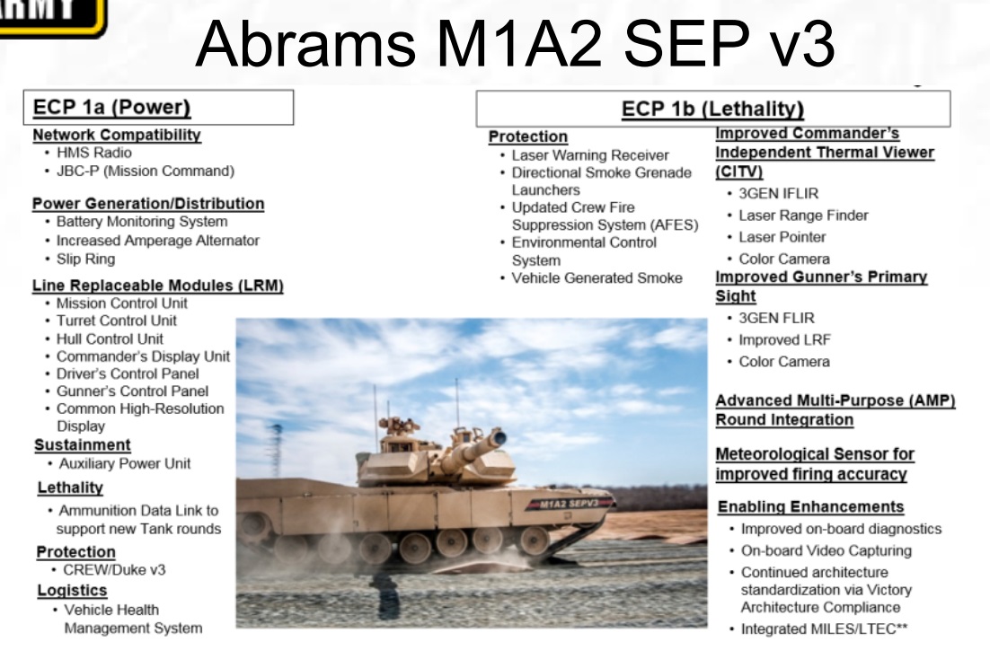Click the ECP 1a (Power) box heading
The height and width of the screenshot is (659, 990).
111,109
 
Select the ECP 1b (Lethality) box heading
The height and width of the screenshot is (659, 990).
712,110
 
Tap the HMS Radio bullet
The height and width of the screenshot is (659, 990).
93,153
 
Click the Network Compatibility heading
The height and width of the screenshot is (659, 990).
117,135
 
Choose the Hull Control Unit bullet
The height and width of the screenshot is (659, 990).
110,338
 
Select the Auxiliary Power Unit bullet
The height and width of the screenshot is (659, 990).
124,463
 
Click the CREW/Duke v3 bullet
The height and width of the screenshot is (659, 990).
114,569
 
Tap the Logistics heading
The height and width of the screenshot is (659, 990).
72,590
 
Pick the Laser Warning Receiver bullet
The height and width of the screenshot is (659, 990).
589,155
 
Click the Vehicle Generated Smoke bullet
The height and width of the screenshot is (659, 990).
597,278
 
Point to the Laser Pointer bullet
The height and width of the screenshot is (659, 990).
782,237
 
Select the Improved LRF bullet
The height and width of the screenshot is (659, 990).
784,339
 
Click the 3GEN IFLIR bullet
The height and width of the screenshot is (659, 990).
778,193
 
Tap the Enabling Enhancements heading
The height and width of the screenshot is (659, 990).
810,506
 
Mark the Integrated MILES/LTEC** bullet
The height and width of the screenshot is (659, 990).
823,628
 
